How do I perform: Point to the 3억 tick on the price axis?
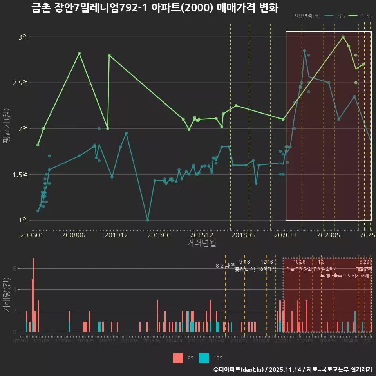pyautogui.click(x=23, y=37)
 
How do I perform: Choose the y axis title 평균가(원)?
pyautogui.click(x=6, y=128)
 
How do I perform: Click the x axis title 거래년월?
pyautogui.click(x=201, y=243)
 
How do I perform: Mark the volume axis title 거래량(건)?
pyautogui.click(x=6, y=295)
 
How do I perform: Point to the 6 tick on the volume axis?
pyautogui.click(x=14, y=269)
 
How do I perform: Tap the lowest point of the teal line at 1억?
pyautogui.click(x=148, y=220)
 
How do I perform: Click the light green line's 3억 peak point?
pyautogui.click(x=343, y=37)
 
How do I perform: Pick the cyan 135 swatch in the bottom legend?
pyautogui.click(x=204, y=358)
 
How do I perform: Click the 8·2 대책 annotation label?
pyautogui.click(x=225, y=265)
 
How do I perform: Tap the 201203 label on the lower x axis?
pyautogui.click(x=129, y=341)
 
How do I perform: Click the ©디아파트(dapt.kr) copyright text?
pyautogui.click(x=239, y=369)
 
